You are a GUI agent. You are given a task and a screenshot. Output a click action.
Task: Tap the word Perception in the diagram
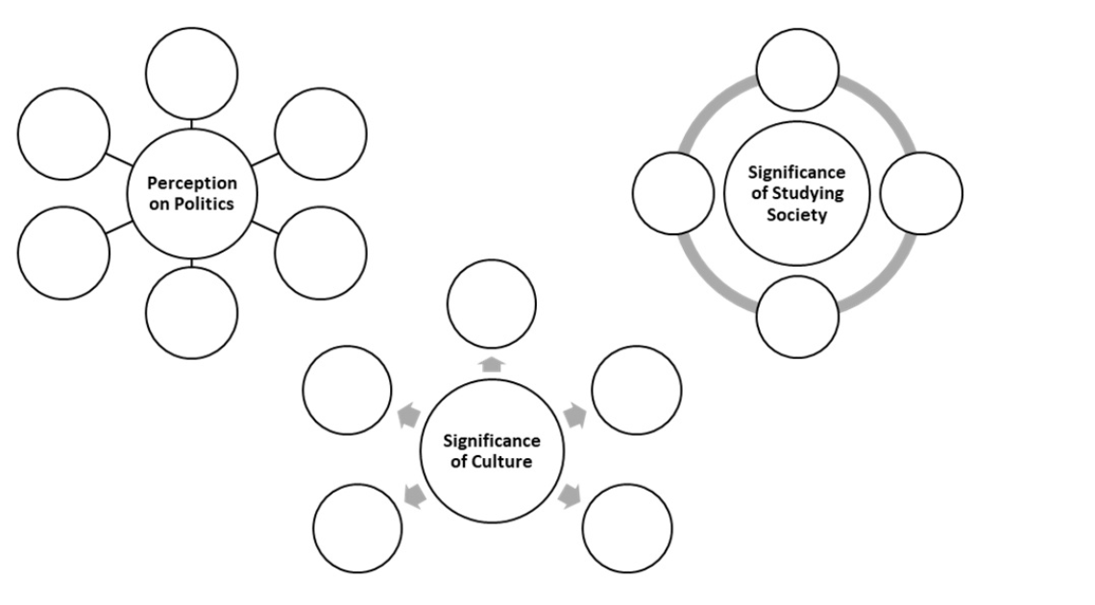[x=191, y=182]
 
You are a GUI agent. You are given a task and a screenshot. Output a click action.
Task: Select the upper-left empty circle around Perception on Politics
[x=63, y=133]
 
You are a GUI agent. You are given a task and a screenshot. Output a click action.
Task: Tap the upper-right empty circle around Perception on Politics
[x=320, y=133]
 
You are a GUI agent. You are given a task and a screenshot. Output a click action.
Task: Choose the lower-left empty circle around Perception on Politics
[x=63, y=252]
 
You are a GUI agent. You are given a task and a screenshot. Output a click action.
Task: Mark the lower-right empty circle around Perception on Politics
[x=320, y=252]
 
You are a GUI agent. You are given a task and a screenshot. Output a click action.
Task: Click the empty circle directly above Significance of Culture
[x=492, y=303]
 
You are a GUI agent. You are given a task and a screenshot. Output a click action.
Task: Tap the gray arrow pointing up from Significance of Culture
[x=492, y=364]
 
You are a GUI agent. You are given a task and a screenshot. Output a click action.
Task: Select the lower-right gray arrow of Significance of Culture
[x=570, y=496]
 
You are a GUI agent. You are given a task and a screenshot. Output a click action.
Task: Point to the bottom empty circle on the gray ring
[x=797, y=317]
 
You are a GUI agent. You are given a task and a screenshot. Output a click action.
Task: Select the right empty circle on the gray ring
[x=920, y=193]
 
